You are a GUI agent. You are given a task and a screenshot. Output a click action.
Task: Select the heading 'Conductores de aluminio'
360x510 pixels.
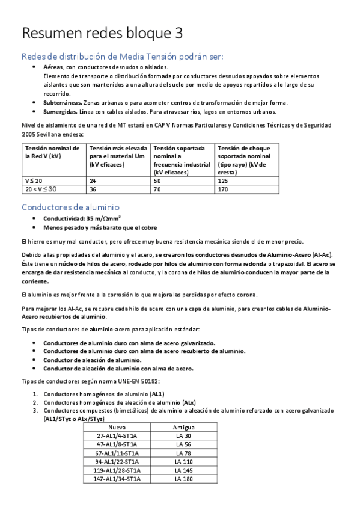click(70, 207)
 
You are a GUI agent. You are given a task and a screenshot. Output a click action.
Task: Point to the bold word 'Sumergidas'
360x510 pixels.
click(60, 111)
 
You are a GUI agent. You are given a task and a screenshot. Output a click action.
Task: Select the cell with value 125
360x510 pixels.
click(222, 180)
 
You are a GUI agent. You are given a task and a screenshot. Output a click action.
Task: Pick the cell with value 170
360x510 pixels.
click(222, 189)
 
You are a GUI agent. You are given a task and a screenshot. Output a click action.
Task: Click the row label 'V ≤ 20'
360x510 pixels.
click(34, 180)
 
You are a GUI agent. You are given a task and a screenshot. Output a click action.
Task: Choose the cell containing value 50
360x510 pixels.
click(157, 180)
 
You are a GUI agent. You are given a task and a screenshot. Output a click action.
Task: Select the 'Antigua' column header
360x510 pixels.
click(183, 427)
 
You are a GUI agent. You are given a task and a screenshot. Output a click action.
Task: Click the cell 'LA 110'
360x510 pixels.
click(183, 461)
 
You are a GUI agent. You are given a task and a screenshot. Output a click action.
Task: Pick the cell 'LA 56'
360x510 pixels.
click(183, 444)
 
